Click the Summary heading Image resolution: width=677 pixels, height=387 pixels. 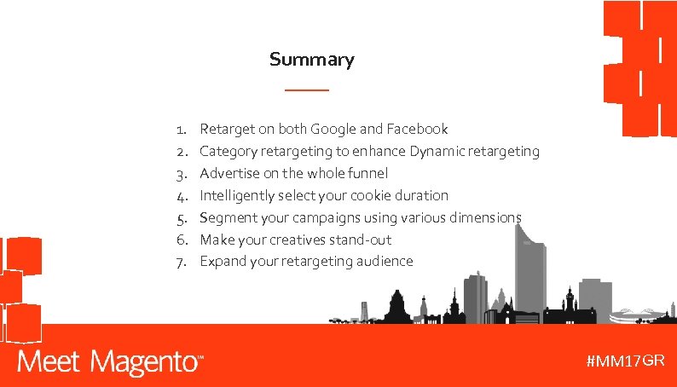pyautogui.click(x=311, y=60)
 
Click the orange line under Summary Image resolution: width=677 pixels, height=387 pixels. pyautogui.click(x=306, y=90)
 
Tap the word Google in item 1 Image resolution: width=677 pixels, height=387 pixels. pyautogui.click(x=333, y=130)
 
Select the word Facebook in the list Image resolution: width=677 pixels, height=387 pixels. pyautogui.click(x=417, y=130)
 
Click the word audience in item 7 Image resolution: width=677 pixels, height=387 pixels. pyautogui.click(x=381, y=262)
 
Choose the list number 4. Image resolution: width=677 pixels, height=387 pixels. pyautogui.click(x=181, y=195)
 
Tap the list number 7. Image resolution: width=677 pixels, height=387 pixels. pyautogui.click(x=181, y=262)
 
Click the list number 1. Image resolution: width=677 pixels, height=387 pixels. pyautogui.click(x=181, y=130)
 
